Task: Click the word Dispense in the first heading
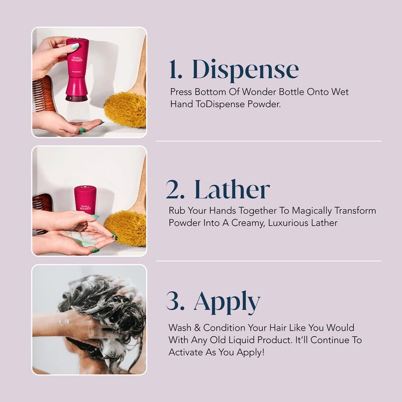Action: (246, 69)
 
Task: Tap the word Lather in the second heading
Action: (232, 189)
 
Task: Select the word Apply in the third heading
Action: (227, 303)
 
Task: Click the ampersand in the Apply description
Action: (197, 328)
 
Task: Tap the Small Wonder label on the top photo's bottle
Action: (77, 59)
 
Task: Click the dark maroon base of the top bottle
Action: (77, 97)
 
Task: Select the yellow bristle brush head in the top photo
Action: (126, 110)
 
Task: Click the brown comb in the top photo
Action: (44, 94)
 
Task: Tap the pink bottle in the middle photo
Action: (85, 200)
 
